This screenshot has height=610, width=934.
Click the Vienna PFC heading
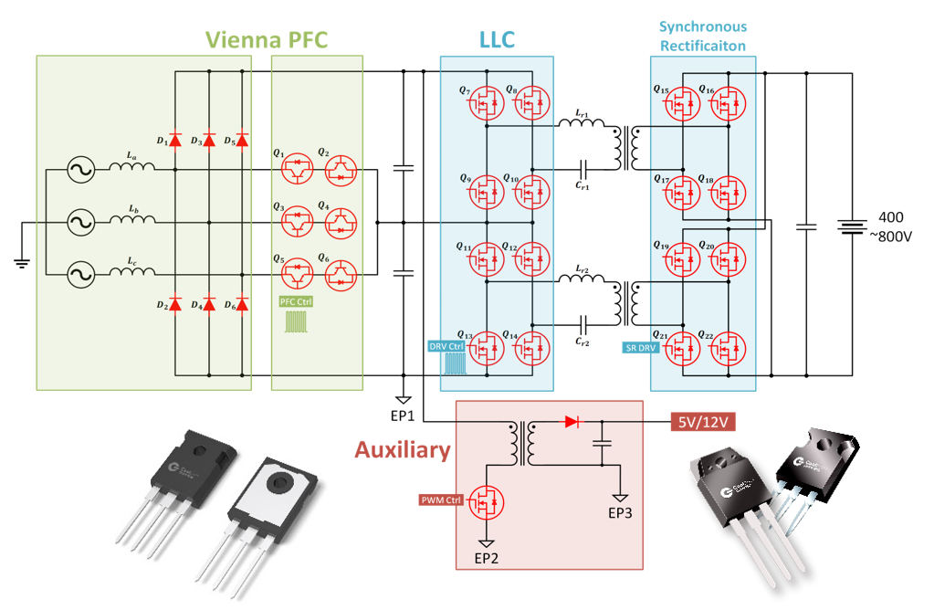tap(266, 39)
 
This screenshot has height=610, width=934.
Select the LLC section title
tap(497, 39)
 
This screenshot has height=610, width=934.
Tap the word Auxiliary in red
tap(403, 450)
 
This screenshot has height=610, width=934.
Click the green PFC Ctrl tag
tap(295, 300)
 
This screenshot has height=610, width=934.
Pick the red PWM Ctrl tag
tap(442, 500)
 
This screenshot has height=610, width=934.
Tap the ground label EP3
tap(619, 513)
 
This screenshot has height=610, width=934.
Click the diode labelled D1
tap(175, 140)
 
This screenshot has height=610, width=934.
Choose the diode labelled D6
tap(242, 304)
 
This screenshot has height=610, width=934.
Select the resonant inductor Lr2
tap(585, 285)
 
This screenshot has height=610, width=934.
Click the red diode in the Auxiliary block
tap(572, 422)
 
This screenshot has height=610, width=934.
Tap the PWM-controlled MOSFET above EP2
tap(487, 503)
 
